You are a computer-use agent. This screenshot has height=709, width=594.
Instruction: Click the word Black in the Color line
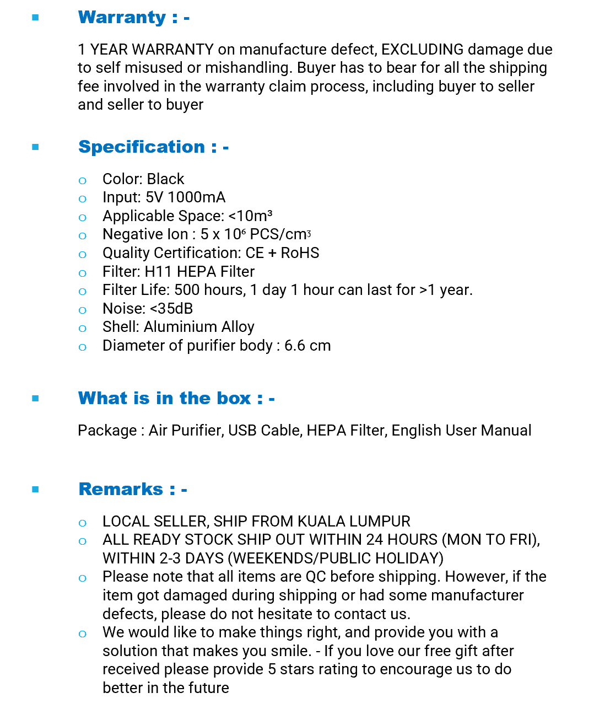[x=165, y=179]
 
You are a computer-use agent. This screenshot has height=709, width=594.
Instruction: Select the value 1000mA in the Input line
[x=196, y=197]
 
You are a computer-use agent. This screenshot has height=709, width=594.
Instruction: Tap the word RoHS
[x=300, y=253]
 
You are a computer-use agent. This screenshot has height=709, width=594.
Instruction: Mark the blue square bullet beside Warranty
[x=36, y=18]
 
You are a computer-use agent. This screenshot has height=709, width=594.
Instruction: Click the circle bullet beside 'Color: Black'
[x=83, y=180]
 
